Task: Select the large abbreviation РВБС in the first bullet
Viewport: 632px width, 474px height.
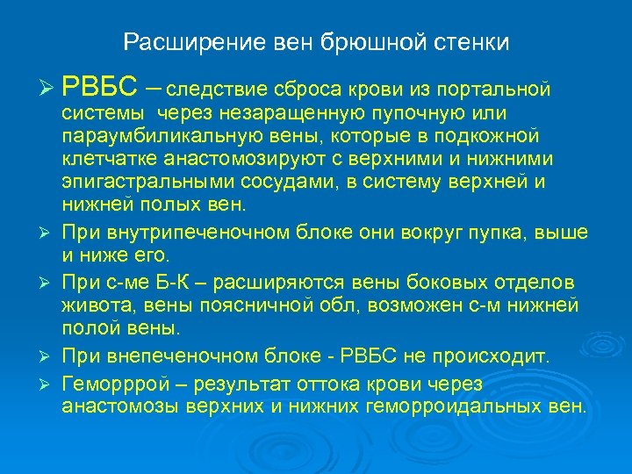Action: pos(99,86)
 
